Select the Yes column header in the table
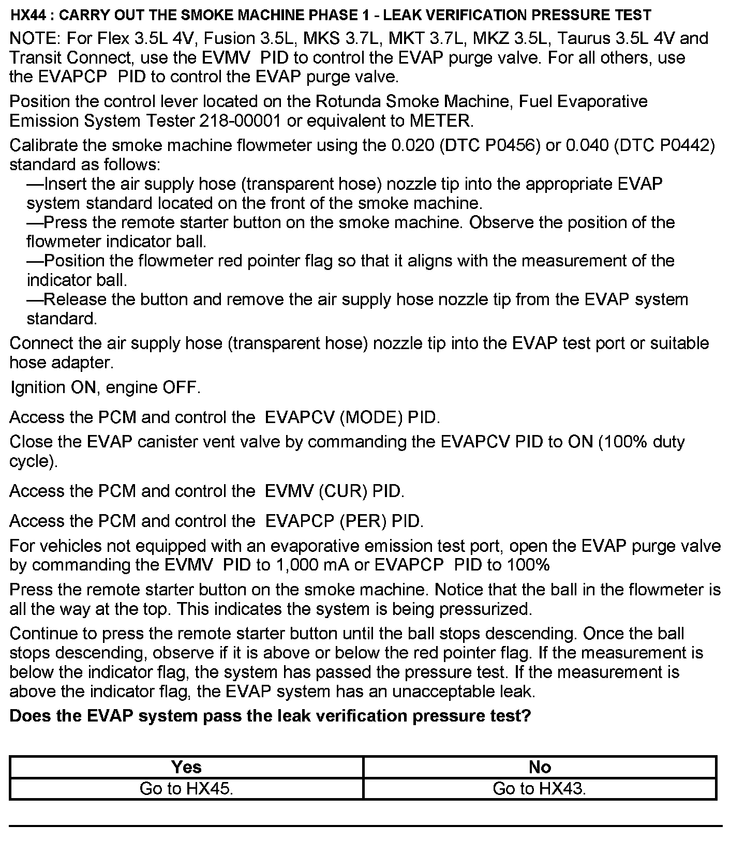(x=186, y=767)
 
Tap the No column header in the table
(x=540, y=767)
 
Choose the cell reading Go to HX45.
(x=186, y=789)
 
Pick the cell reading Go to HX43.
(x=540, y=789)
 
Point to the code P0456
(x=509, y=145)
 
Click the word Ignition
(x=38, y=387)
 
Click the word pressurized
(x=485, y=609)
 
